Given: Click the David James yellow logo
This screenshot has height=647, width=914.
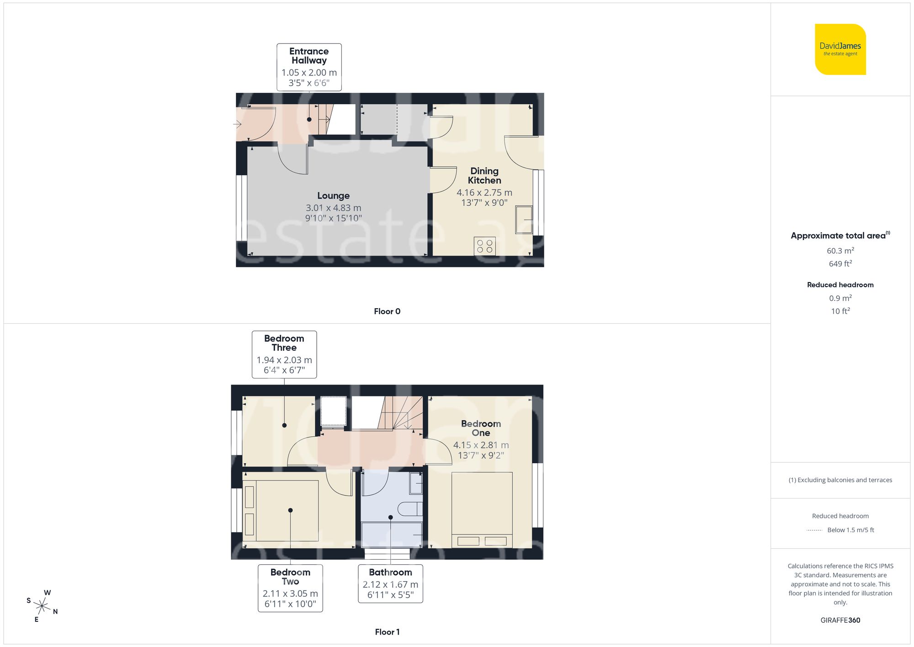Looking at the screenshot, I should pos(840,49).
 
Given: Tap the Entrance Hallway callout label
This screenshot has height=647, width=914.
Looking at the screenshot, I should pos(309,67).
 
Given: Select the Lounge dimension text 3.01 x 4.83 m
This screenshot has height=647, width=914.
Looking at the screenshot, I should pos(333,208).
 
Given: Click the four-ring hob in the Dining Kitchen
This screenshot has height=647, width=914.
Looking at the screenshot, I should pos(484,246).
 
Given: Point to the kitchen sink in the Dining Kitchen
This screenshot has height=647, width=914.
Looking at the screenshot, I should pos(524,220).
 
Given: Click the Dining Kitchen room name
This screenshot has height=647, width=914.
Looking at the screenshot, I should pos(484,176).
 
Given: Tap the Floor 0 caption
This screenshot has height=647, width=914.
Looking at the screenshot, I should pos(387,311).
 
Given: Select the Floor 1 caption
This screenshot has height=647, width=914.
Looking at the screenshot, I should pos(387,632).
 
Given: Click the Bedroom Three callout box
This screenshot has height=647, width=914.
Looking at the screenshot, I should pos(284,354).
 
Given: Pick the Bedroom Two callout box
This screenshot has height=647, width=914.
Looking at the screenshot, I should pos(290,588).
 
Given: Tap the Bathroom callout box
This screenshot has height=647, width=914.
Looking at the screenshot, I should pos(390,583).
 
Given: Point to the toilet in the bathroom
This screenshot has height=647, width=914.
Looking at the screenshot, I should pos(409,509).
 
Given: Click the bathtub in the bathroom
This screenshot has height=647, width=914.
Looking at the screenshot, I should pos(391,535).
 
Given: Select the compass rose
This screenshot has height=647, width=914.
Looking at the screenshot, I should pos(42,606).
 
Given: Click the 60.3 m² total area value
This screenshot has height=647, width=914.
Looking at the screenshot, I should pos(840,251).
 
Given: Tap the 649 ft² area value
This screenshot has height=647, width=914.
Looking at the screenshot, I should pos(840,264).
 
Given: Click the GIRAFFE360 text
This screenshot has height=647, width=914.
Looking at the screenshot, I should pos(840,620).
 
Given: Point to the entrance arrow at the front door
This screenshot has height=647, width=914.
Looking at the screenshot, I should pos(237,124).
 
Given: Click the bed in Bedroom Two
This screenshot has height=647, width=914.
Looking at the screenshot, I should pos(287,511).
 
